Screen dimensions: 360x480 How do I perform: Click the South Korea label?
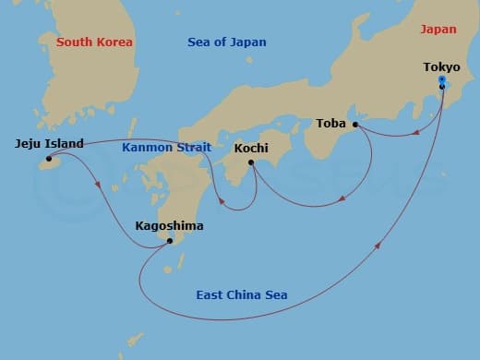[x=94, y=42]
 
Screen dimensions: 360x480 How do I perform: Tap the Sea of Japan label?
[x=226, y=42]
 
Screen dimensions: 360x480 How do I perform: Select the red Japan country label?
[x=438, y=30]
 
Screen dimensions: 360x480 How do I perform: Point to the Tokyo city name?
[x=441, y=67]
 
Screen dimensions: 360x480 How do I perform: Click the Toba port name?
[x=331, y=123]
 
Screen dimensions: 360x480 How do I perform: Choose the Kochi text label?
[x=251, y=148]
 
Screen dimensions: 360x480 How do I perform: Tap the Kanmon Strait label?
[x=167, y=147]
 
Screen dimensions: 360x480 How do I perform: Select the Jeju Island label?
[x=50, y=143]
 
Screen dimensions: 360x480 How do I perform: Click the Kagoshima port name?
[x=169, y=225]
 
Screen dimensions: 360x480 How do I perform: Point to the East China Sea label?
[x=242, y=295]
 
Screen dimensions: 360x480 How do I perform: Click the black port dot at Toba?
[x=355, y=124]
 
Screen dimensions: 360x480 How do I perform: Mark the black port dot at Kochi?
[x=251, y=162]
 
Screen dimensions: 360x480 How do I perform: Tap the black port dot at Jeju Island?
[x=49, y=159]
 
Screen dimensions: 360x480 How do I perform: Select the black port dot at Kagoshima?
[x=169, y=241]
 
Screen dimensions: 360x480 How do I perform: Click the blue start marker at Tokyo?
[x=442, y=82]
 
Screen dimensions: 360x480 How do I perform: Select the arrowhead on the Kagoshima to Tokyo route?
[x=378, y=245]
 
